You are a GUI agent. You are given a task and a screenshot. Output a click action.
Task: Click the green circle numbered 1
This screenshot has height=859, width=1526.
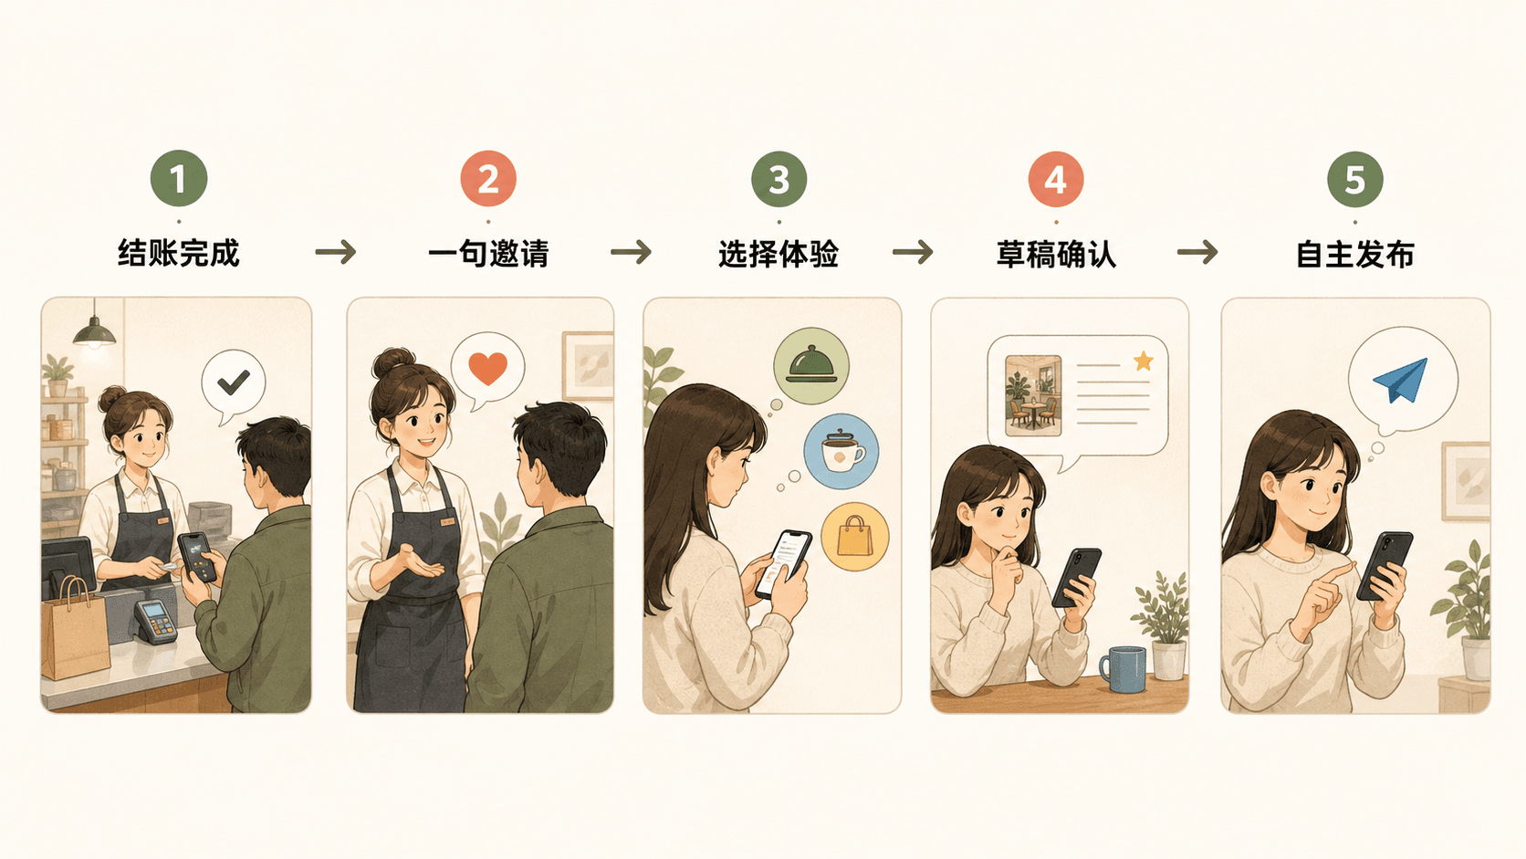coord(179,179)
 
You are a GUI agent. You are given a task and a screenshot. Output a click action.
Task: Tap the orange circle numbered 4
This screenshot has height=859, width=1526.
coord(1056,179)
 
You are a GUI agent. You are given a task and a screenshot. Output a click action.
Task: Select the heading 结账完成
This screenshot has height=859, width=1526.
coord(179,254)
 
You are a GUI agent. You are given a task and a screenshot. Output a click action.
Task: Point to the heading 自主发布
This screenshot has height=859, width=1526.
coord(1355,254)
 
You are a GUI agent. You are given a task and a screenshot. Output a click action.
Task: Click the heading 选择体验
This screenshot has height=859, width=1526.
coord(779,254)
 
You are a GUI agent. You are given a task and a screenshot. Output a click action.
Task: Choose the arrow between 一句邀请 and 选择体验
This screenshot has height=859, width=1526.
coord(631,252)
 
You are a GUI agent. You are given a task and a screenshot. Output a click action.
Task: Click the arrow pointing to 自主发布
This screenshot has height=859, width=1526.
coord(1197,252)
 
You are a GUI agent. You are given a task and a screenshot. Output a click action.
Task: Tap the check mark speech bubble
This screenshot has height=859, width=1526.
coord(233,383)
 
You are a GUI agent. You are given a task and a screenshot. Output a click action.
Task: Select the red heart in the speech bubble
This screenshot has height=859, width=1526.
coord(487,369)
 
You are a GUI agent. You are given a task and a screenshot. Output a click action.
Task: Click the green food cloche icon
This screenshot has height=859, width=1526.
coord(810,366)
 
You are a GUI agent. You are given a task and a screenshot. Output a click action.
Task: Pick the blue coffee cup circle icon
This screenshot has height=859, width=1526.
coord(841,451)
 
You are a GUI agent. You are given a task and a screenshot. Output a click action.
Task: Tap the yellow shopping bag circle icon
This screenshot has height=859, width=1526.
coord(855,536)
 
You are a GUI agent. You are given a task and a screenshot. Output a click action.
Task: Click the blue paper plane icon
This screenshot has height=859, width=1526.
coord(1401,380)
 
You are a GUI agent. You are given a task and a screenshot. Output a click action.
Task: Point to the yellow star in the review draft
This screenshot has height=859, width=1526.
coord(1144,361)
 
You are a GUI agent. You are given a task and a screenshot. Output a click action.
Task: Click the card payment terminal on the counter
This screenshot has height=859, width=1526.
coord(155,622)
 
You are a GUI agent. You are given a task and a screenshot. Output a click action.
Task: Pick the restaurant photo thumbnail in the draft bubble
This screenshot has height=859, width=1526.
coord(1033,395)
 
